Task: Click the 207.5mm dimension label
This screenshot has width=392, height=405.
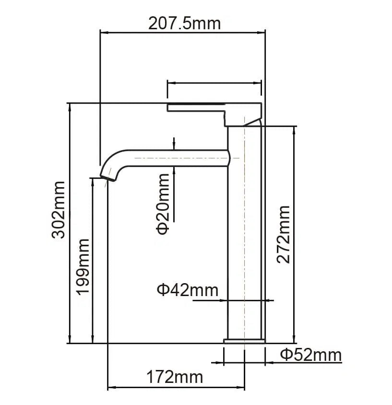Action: click(x=185, y=23)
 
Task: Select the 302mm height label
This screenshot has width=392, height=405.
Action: click(x=59, y=209)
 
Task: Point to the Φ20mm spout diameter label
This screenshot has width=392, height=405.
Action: click(x=163, y=203)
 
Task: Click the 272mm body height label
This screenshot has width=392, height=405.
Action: click(x=284, y=234)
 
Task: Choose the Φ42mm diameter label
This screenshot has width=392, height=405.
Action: click(x=187, y=290)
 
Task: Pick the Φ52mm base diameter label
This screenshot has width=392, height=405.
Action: click(x=310, y=355)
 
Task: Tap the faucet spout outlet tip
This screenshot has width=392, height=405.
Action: click(x=108, y=177)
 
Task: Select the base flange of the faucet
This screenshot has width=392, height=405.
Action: click(x=244, y=341)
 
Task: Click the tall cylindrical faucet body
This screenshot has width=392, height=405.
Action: click(x=244, y=240)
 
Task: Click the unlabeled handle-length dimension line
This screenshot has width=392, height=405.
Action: click(x=214, y=83)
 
